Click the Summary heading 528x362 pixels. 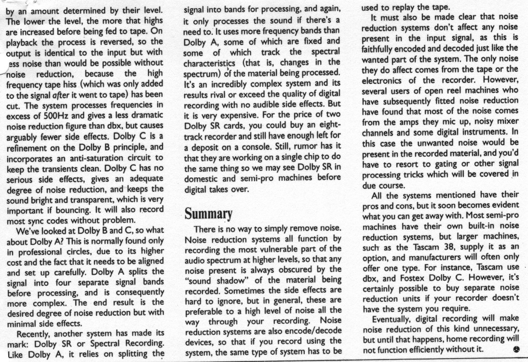click(x=209, y=213)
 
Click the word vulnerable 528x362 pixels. click(x=283, y=249)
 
